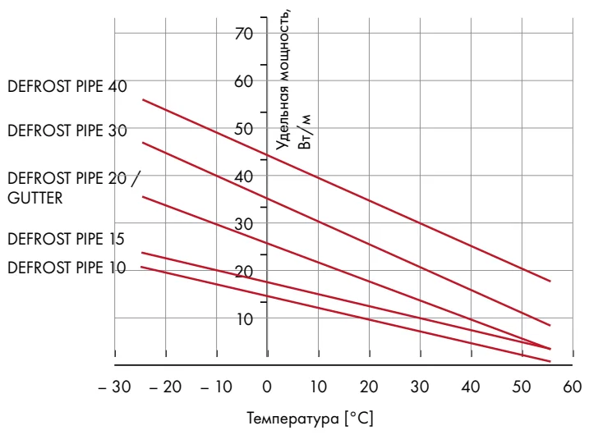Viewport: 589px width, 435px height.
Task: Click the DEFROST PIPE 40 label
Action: tap(67, 88)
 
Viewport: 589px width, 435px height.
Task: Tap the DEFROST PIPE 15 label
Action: tap(66, 240)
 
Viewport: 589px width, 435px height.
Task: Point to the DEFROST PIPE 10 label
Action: tap(66, 267)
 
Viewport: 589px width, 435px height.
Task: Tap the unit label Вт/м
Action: tap(306, 132)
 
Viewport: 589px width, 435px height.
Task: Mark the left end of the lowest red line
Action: tap(142, 267)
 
